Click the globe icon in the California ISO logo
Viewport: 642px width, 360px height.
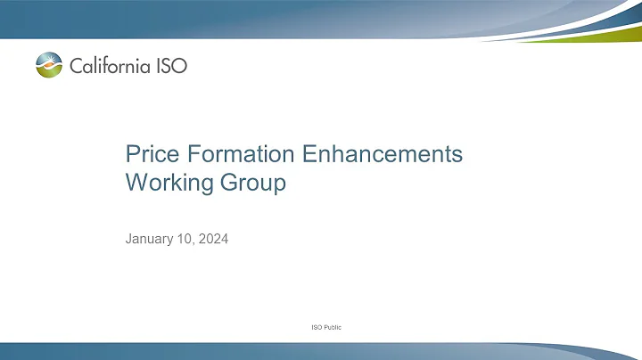(x=49, y=65)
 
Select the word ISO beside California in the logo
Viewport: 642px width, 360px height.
(x=169, y=65)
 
